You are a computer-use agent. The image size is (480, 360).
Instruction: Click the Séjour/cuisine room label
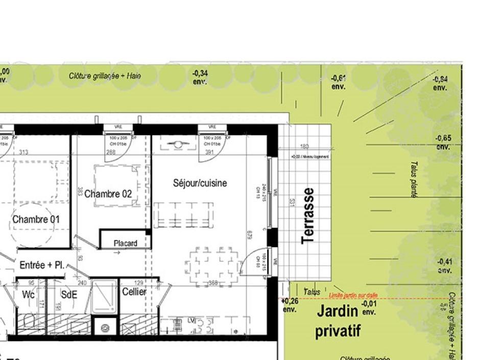point(200,183)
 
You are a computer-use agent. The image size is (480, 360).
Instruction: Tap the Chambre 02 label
point(108,194)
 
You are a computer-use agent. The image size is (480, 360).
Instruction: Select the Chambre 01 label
point(36,220)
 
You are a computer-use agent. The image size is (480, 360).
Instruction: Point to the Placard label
point(125,244)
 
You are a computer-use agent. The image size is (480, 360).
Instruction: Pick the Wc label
point(29,295)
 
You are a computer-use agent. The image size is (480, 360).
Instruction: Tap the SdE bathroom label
point(68,295)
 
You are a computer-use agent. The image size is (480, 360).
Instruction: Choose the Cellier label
point(134,292)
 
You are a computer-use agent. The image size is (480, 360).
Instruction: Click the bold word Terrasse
point(307,216)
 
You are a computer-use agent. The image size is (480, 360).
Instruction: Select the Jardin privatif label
point(338,321)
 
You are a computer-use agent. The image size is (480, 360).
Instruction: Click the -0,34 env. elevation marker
point(200,77)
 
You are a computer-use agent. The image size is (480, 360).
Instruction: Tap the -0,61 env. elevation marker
point(339,82)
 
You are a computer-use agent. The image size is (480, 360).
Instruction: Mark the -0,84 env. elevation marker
point(440,83)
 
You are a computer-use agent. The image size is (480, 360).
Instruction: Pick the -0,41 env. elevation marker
point(444,266)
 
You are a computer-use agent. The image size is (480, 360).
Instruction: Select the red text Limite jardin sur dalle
point(353,295)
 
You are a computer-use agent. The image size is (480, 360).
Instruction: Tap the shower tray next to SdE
point(105,297)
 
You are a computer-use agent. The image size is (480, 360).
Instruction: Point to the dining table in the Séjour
point(212,266)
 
